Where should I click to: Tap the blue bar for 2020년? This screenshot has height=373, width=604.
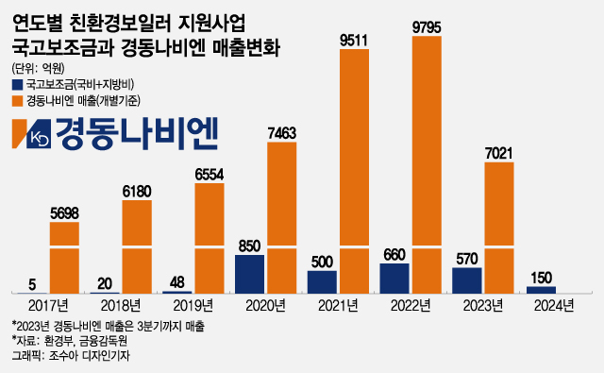[x=250, y=275]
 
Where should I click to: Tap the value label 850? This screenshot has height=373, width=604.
[x=250, y=246]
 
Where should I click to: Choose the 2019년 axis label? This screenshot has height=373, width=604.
[x=194, y=305]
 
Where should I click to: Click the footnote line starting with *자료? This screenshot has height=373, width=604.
[x=60, y=340]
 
